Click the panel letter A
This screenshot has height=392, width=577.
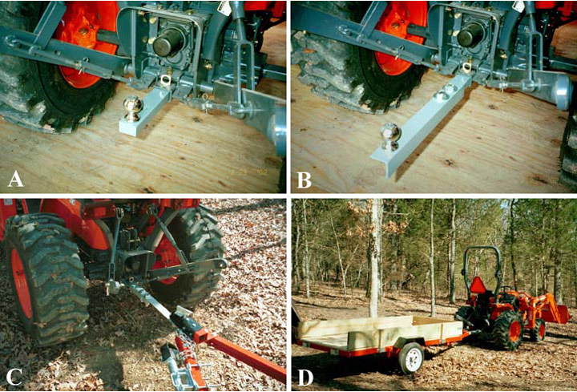point(15,179)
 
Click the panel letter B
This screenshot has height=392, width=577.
point(305,180)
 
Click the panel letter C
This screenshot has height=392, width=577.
point(14,377)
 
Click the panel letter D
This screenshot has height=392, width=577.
point(305,378)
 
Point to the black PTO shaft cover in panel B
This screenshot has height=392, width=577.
point(470,34)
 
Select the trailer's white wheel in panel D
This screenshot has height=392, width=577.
point(411,358)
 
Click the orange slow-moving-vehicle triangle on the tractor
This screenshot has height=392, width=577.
point(478,285)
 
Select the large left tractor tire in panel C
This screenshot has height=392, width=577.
point(46,280)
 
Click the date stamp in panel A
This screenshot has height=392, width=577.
point(249,172)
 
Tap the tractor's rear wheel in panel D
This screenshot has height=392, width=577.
point(507,330)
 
